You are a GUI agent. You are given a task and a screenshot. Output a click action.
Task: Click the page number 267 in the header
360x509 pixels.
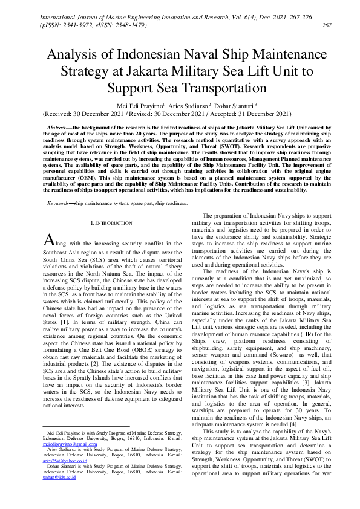[x=327, y=25]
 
